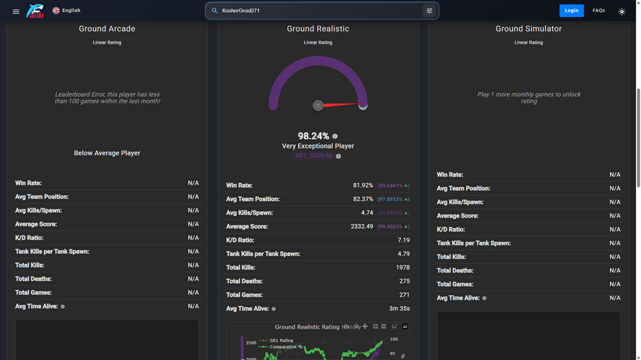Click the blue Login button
571,10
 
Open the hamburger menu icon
16,11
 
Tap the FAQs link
599,10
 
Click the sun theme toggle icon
622,11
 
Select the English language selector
67,10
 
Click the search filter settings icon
429,10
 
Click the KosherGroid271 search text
241,10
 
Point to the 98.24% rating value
313,136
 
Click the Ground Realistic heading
318,29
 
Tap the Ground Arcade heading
107,29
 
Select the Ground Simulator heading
528,29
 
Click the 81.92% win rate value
363,185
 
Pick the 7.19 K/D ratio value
403,240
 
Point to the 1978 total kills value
402,268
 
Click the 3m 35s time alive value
399,309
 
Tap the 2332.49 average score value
362,226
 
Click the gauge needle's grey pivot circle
318,105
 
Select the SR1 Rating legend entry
281,341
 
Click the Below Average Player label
107,153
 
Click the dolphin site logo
35,11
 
